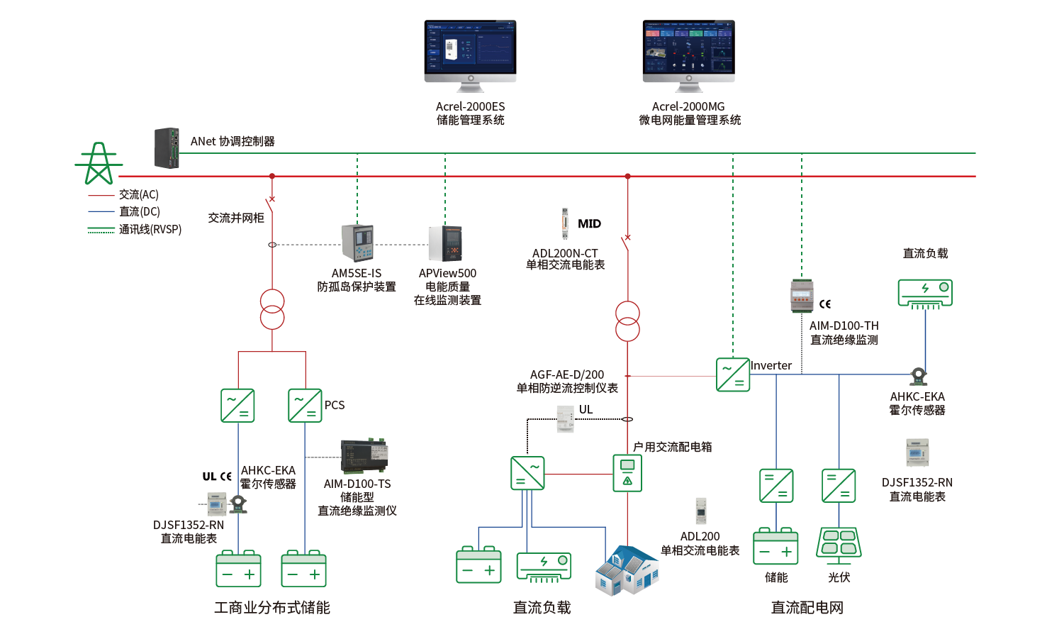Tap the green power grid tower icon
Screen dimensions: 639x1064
click(98, 164)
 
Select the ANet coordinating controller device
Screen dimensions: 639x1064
click(167, 148)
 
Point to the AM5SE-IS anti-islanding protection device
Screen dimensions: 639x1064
click(357, 243)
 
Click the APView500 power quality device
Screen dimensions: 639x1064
click(446, 243)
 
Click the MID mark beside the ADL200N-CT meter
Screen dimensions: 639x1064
click(589, 224)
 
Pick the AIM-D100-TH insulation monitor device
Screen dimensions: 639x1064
click(802, 296)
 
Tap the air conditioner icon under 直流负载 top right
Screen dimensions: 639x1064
click(924, 293)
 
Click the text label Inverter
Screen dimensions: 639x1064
click(771, 365)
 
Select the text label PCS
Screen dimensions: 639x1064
click(335, 405)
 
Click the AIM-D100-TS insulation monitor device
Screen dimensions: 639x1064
click(364, 456)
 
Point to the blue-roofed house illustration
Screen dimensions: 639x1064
click(627, 570)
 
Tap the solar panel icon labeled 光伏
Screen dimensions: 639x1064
click(839, 544)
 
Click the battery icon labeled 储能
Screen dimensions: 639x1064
click(775, 547)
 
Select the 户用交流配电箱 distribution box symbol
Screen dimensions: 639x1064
click(627, 473)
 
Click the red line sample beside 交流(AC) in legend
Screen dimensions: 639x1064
click(101, 195)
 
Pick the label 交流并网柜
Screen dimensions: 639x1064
click(236, 218)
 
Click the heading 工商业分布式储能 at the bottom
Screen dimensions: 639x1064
click(272, 608)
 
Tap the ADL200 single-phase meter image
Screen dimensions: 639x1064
click(700, 511)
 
